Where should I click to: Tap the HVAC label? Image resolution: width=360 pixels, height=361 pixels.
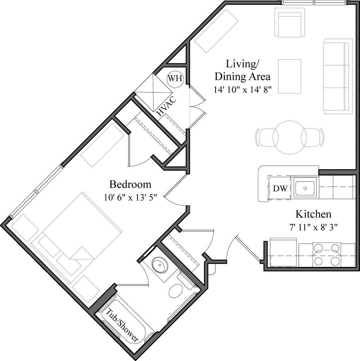click(167, 106)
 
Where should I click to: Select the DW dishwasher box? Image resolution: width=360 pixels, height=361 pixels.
click(279, 188)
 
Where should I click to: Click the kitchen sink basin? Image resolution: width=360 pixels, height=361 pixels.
click(305, 188)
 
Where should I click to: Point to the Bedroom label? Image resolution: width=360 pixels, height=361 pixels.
click(130, 184)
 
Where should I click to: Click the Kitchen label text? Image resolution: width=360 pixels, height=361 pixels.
click(313, 214)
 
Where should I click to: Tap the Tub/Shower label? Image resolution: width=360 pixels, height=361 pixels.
click(122, 325)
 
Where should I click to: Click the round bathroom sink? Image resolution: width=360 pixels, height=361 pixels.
click(158, 264)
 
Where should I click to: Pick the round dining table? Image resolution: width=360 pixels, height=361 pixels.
click(290, 137)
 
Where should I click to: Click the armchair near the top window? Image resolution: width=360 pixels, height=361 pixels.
click(290, 23)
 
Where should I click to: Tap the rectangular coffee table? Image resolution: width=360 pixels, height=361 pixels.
click(290, 77)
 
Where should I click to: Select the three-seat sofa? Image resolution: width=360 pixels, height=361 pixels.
click(338, 77)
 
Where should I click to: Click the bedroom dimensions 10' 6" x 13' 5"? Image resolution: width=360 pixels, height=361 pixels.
click(130, 197)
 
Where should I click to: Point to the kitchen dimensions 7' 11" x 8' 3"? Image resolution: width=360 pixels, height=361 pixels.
click(313, 227)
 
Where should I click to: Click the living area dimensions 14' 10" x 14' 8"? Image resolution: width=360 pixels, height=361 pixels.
click(243, 89)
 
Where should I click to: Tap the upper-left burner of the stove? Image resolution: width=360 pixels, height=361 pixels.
click(318, 248)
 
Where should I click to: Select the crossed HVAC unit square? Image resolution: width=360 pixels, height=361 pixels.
click(153, 92)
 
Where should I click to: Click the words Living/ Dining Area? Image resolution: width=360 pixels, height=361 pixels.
click(242, 70)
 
